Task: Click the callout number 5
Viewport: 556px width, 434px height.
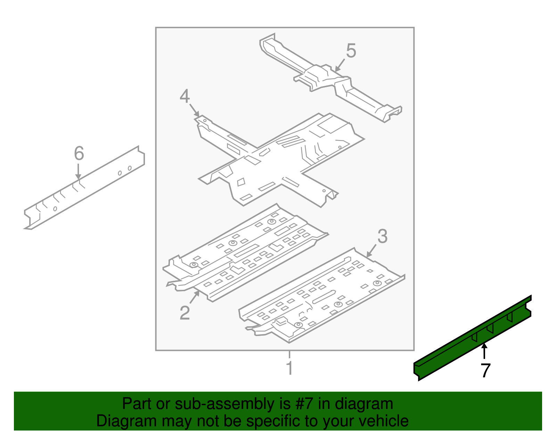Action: coord(351,51)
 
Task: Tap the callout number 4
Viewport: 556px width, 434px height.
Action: coord(185,96)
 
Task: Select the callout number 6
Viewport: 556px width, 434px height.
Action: coord(79,153)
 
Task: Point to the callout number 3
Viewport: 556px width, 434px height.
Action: coord(382,237)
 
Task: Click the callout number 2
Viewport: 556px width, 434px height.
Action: coord(185,313)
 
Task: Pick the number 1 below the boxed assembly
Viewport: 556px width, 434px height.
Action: coord(289,368)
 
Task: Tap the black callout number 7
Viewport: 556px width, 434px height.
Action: coord(485,370)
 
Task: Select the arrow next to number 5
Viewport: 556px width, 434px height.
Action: coord(340,65)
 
